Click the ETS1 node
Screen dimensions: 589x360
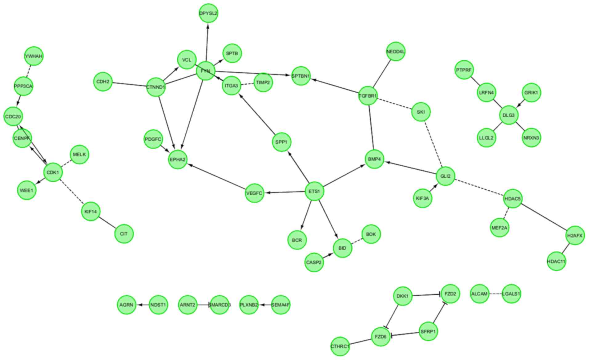pos(314,192)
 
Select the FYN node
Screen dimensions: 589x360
pos(205,71)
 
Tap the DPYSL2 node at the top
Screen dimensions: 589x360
pos(208,14)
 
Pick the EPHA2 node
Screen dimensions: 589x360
pos(178,160)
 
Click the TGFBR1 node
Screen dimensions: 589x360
pos(368,96)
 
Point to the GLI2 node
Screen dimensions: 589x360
pos(445,176)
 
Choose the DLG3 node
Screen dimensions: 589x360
pos(509,115)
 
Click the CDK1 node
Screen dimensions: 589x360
pos(53,172)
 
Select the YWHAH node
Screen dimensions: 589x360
pos(34,56)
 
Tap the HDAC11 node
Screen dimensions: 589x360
pos(556,262)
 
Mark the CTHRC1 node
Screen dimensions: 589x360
pos(340,346)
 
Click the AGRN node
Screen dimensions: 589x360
pos(127,305)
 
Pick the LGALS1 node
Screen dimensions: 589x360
pos(511,294)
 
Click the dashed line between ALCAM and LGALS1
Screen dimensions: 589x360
pos(495,294)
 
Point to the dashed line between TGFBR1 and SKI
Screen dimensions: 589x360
pos(394,104)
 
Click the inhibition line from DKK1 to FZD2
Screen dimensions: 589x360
pos(426,295)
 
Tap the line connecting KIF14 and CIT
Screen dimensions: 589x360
pos(107,223)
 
